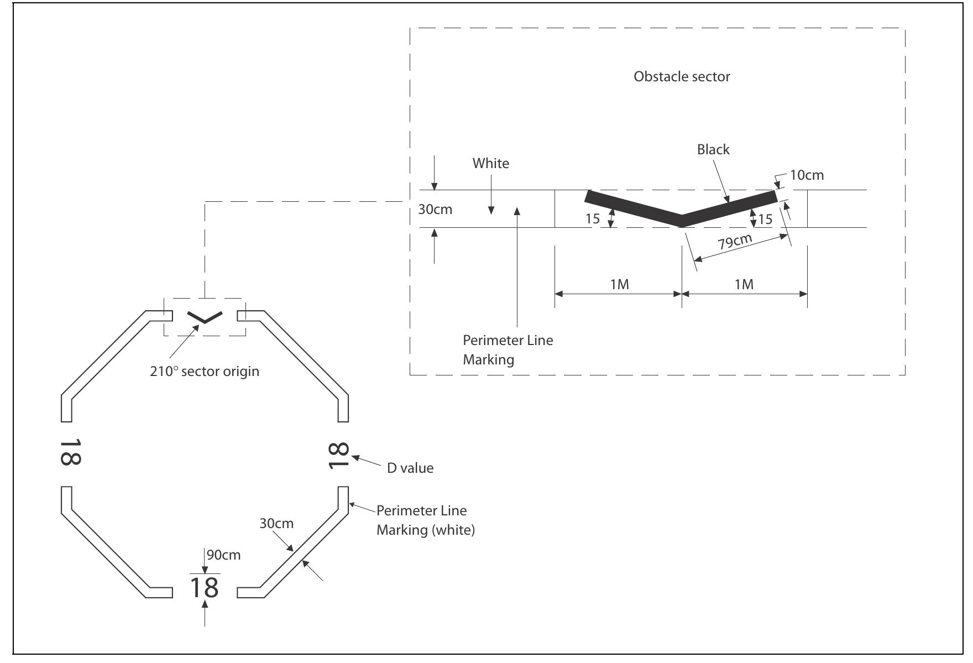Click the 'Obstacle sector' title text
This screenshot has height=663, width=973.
[681, 77]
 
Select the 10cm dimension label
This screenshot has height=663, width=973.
[807, 175]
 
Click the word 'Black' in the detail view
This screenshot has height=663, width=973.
[713, 149]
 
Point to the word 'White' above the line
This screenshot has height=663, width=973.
[490, 163]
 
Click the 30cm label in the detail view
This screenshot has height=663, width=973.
[435, 210]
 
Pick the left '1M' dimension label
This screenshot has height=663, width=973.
[619, 284]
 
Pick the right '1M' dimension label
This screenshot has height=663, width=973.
[744, 284]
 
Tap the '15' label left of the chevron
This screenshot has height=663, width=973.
[592, 218]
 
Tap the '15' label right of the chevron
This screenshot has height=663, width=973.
[765, 220]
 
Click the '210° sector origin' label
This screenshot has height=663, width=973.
[204, 371]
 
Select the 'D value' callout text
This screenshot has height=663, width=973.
[410, 468]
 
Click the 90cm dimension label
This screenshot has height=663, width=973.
[224, 555]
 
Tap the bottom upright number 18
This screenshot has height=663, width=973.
[204, 587]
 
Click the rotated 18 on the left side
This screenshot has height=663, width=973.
[70, 452]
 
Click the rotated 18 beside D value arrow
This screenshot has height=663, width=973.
[338, 456]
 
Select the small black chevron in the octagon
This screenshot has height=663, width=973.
[205, 316]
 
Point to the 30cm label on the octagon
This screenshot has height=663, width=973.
[276, 523]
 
